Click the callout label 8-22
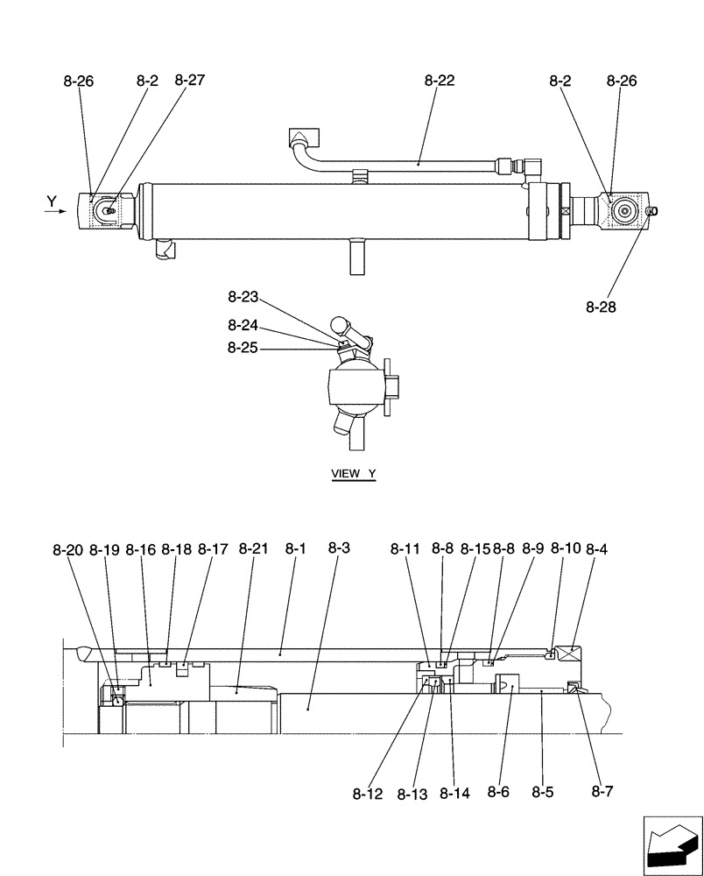click(440, 81)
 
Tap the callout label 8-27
click(190, 81)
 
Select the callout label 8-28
click(602, 307)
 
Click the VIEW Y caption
click(353, 474)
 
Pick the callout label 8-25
click(243, 348)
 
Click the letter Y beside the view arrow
click(52, 202)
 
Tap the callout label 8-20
click(67, 550)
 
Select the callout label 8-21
click(253, 549)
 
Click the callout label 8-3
click(339, 548)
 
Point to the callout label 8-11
click(405, 549)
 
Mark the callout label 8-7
click(602, 792)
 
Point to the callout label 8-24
click(243, 324)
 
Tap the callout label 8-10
click(567, 549)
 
